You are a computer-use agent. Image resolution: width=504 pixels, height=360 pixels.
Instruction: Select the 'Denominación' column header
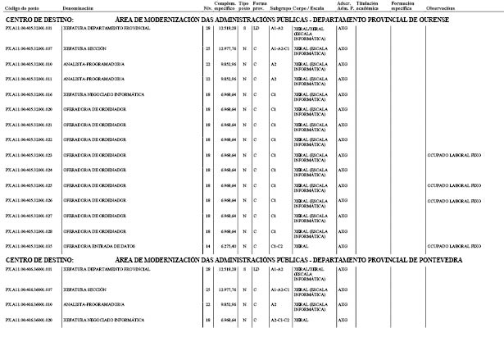(x=77, y=8)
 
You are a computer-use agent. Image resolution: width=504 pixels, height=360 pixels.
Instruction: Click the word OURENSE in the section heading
(x=427, y=19)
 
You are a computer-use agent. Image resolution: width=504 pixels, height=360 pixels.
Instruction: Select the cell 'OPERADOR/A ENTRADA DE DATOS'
(x=96, y=245)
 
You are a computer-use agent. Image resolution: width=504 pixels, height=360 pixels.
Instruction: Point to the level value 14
(x=207, y=245)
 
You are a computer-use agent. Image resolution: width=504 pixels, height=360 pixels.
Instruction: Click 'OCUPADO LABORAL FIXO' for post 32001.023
(x=454, y=155)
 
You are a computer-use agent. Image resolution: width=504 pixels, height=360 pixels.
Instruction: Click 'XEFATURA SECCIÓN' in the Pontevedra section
(x=84, y=289)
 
